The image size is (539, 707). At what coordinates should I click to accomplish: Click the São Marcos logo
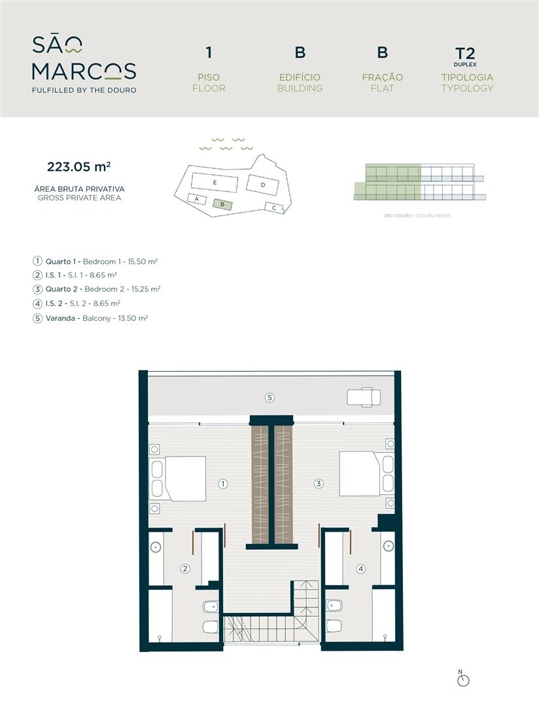[84, 64]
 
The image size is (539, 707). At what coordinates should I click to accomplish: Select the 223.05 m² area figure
[79, 167]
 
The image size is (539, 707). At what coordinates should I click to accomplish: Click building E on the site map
[215, 183]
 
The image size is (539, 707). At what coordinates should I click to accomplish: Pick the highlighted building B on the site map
[222, 204]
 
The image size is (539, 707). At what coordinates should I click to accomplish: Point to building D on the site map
[263, 185]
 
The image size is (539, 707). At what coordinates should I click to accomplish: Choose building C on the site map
[275, 208]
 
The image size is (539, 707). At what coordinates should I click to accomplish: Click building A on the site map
[196, 199]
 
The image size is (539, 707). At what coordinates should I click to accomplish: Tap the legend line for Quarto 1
[95, 261]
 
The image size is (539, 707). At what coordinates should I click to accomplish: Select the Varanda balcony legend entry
[90, 318]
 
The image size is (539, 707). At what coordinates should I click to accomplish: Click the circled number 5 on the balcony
[269, 398]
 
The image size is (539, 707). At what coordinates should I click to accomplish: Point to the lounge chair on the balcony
[364, 397]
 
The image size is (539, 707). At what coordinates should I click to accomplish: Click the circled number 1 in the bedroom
[222, 484]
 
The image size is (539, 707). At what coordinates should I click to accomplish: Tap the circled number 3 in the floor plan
[319, 484]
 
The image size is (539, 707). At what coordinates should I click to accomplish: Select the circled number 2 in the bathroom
[185, 569]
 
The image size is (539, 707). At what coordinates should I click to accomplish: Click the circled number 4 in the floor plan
[360, 569]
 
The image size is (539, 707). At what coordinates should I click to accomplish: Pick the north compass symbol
[463, 680]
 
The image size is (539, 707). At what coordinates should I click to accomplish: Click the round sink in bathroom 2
[156, 547]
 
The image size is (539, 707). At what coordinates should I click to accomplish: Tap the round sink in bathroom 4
[388, 547]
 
